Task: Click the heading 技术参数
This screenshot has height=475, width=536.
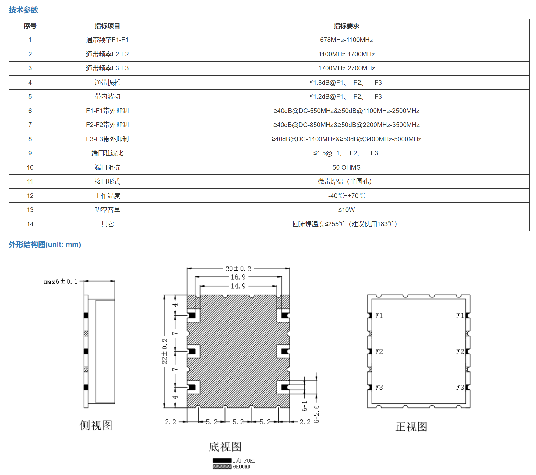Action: coord(23,10)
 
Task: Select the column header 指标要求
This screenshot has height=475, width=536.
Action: coord(346,26)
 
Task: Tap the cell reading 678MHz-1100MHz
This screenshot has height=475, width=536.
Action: coord(346,40)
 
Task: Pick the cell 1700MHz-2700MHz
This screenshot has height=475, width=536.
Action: coord(346,68)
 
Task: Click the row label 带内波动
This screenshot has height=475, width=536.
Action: coord(107,97)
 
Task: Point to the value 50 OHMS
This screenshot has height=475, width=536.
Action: coord(346,167)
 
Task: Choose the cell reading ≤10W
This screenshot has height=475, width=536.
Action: coord(346,210)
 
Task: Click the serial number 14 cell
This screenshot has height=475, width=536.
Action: coord(30,224)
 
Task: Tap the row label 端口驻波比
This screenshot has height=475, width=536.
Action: coord(107,153)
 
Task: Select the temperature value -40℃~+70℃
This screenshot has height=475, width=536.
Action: coord(346,196)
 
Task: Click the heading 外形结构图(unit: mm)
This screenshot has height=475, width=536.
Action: coord(45,245)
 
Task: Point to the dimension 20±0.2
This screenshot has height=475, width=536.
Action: coord(238,269)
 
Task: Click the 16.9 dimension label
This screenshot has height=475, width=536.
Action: coord(238,277)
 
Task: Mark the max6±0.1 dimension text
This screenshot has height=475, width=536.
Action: coord(61,282)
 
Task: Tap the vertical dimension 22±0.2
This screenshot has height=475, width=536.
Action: coord(164,351)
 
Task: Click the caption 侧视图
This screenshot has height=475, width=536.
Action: coord(96,425)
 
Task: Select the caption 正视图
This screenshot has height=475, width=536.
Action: coord(411,427)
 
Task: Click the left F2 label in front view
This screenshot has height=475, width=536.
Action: coord(379,352)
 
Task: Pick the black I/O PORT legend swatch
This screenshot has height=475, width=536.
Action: coord(222,460)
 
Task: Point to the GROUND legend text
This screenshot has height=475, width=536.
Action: coord(242,467)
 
